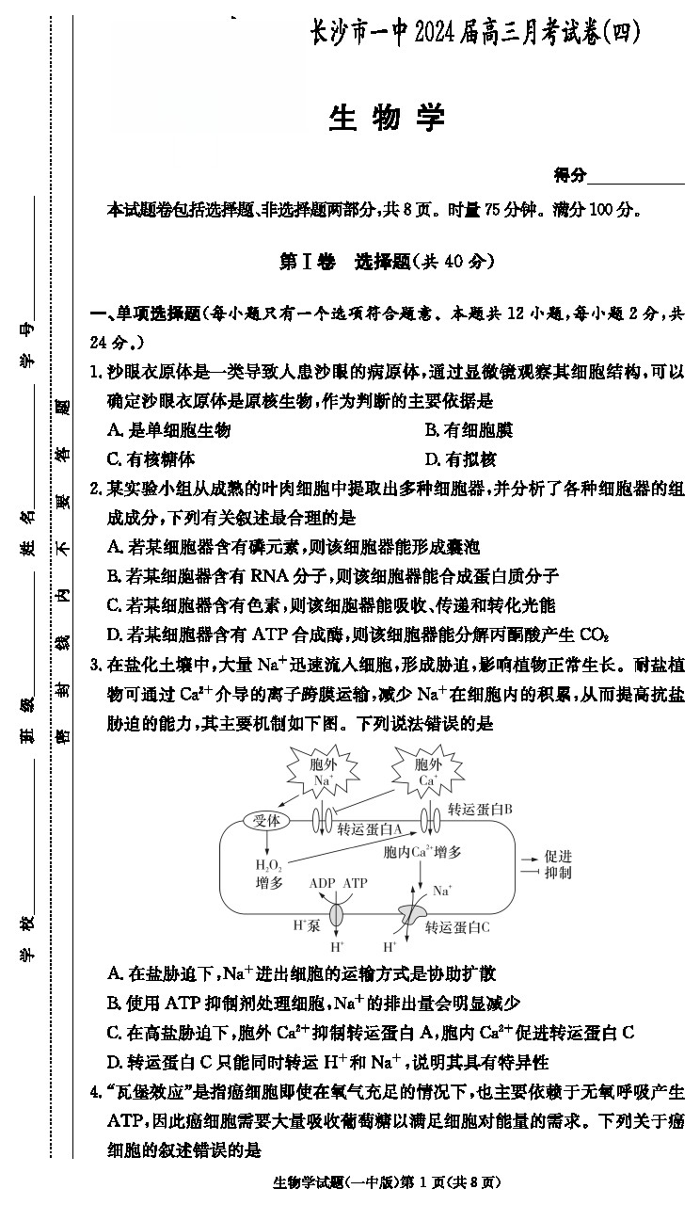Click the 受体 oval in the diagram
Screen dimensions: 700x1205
[266, 820]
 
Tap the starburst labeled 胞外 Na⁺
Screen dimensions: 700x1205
[323, 771]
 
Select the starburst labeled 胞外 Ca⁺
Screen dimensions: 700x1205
[428, 771]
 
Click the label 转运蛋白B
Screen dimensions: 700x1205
[480, 809]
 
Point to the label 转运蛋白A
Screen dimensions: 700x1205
[370, 829]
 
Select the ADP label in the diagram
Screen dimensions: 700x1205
[323, 883]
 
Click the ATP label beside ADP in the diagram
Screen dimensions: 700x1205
[356, 883]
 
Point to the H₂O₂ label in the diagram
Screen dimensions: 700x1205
[268, 865]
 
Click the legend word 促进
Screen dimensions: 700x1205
[558, 856]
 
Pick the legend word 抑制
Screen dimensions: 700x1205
[558, 873]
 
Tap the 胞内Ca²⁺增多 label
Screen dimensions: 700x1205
[422, 852]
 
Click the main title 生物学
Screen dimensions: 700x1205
[387, 119]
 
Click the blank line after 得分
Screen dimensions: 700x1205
[636, 184]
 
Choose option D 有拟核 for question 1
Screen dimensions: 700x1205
[461, 459]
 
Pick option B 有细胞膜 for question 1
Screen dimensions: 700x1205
[469, 430]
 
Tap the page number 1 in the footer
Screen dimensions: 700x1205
[422, 1181]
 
